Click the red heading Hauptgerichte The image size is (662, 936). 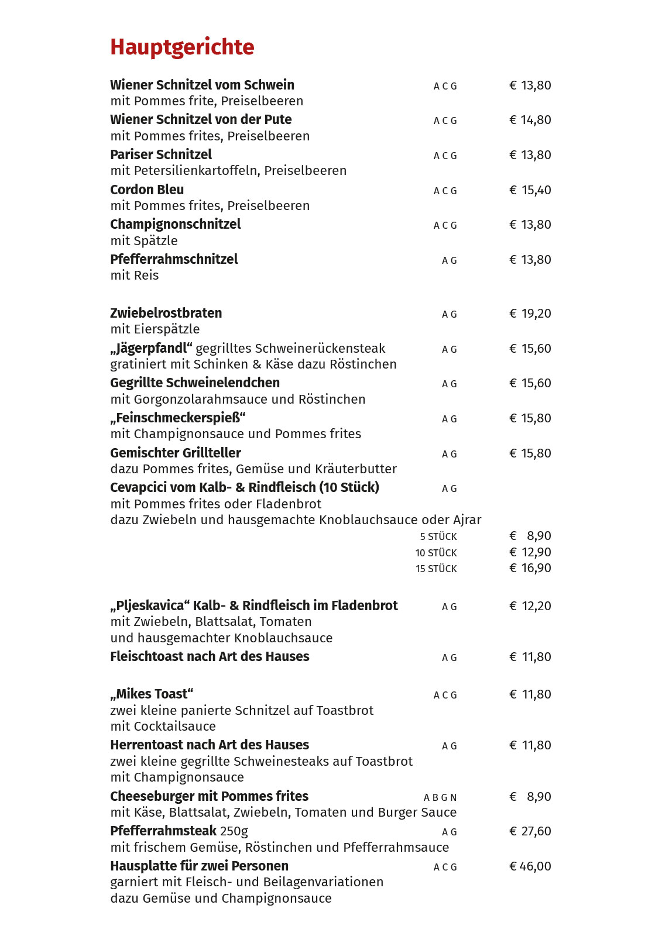182,47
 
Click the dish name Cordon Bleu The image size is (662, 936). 147,190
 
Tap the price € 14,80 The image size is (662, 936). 530,120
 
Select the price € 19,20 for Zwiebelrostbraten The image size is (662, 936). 530,314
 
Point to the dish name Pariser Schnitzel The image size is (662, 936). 161,154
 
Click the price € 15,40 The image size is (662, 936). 530,190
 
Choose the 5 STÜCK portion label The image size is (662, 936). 438,536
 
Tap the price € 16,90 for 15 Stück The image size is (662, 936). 530,568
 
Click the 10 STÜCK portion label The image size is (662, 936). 436,553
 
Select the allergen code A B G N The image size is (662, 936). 440,797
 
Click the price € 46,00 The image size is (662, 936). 530,866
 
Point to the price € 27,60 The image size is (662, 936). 530,831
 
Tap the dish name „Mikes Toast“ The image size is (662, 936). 152,694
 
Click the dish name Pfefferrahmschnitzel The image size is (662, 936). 174,259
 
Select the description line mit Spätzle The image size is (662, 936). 144,240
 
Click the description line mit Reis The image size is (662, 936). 135,276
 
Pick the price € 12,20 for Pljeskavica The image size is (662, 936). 530,606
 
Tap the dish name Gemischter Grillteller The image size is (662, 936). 176,453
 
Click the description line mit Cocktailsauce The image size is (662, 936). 163,727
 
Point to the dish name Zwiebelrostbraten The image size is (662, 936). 166,313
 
